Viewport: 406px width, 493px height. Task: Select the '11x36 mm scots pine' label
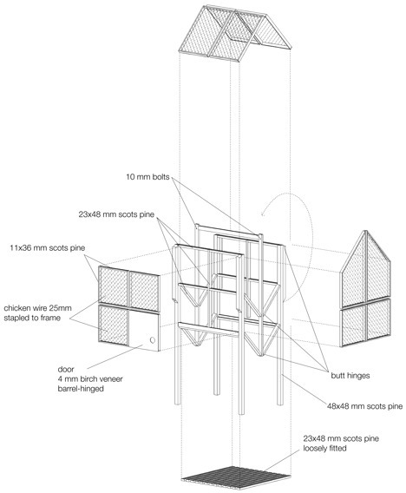pos(49,247)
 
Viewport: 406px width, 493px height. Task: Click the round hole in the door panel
pos(153,340)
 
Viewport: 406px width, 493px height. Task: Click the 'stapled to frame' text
pos(38,319)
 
